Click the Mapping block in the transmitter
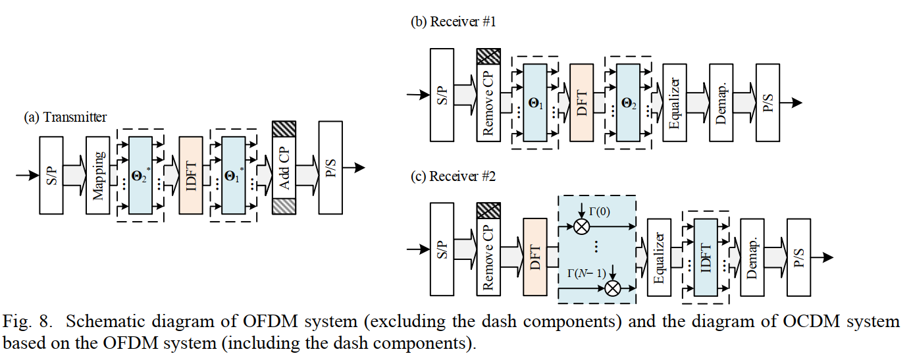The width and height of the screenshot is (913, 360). [x=98, y=175]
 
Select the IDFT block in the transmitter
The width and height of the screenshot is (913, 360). [x=191, y=175]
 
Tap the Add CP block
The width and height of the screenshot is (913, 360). [x=284, y=175]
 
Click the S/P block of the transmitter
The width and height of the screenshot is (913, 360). [x=51, y=175]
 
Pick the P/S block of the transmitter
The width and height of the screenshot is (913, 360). [x=330, y=168]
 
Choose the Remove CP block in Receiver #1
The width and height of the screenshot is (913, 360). [x=488, y=102]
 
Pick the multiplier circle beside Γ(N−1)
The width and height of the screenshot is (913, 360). [x=612, y=288]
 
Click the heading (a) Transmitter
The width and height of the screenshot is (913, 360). [x=65, y=117]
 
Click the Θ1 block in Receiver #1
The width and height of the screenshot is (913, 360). [x=535, y=102]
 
